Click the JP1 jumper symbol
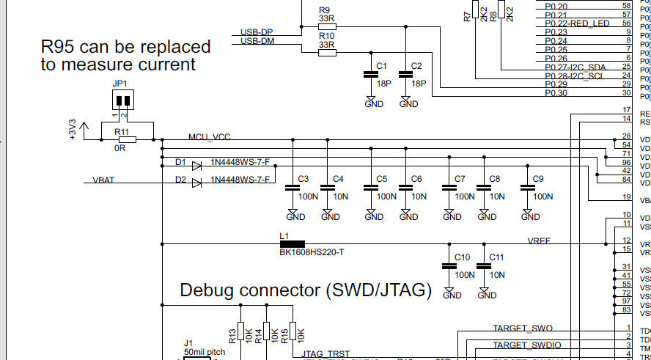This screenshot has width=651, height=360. click(x=122, y=100)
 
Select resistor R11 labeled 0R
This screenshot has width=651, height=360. click(x=128, y=139)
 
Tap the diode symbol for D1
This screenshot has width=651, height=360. click(x=196, y=166)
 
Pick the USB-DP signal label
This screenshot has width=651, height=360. click(x=257, y=32)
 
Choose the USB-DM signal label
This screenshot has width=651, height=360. click(x=257, y=41)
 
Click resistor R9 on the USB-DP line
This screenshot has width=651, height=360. click(x=326, y=25)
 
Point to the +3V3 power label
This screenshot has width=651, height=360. click(x=73, y=129)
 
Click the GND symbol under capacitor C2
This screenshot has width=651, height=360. click(x=405, y=103)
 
